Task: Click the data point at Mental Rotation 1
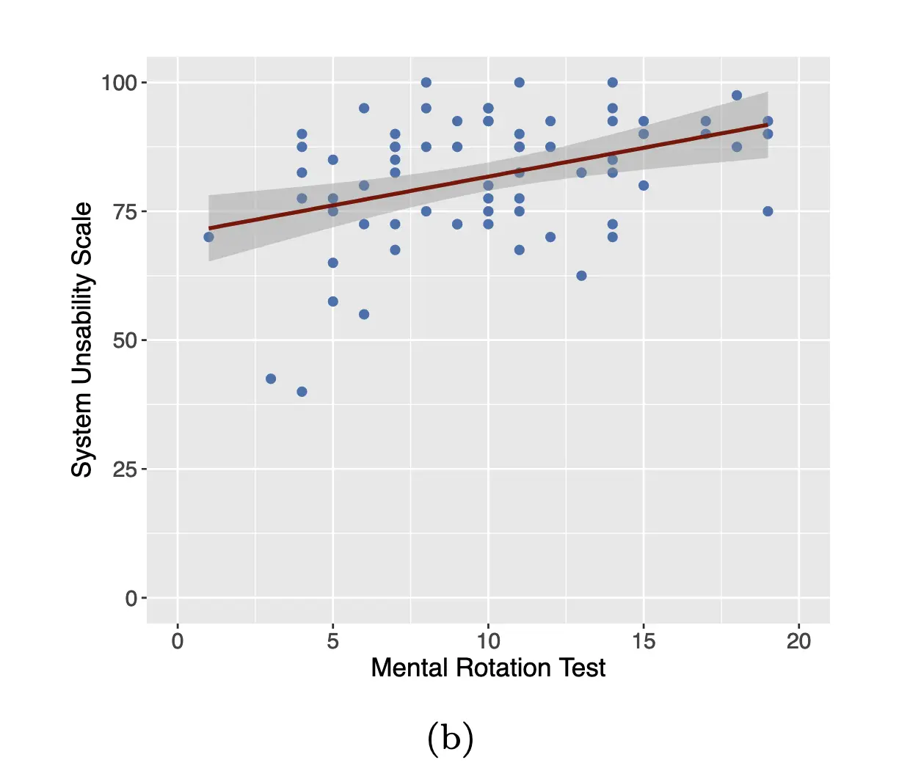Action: pyautogui.click(x=208, y=237)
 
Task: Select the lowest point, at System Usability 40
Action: pyautogui.click(x=302, y=392)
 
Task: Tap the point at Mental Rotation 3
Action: pyautogui.click(x=271, y=379)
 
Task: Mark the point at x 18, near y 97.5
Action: pyautogui.click(x=737, y=95)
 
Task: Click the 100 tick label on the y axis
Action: pyautogui.click(x=120, y=83)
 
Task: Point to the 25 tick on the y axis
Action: pyautogui.click(x=125, y=469)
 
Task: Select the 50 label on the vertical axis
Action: pyautogui.click(x=125, y=340)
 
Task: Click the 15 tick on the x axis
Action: pyautogui.click(x=644, y=641)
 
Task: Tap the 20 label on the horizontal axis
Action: pyautogui.click(x=798, y=641)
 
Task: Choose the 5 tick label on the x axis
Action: pyautogui.click(x=333, y=641)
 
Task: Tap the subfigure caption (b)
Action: pyautogui.click(x=450, y=739)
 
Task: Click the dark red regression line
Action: pyautogui.click(x=488, y=177)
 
